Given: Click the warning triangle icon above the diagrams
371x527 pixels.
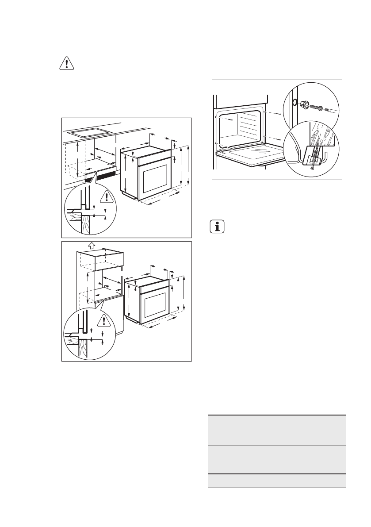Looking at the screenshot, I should pyautogui.click(x=66, y=64).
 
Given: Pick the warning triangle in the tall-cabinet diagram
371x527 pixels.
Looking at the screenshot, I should pyautogui.click(x=103, y=320).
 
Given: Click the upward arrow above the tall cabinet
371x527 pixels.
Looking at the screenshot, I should pyautogui.click(x=91, y=244).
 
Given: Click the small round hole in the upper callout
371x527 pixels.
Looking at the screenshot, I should pyautogui.click(x=293, y=103).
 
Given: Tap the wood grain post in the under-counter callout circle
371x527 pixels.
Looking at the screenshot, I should pyautogui.click(x=85, y=223).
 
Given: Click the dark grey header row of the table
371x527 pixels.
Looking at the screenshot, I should pyautogui.click(x=276, y=430).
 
